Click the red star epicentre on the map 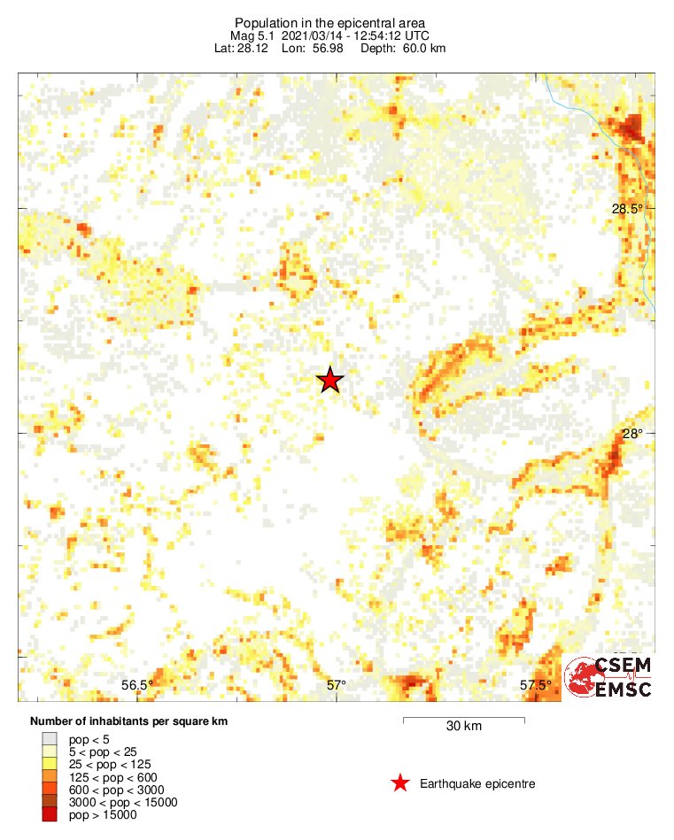click(x=330, y=381)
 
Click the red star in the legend click(x=400, y=783)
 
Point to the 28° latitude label click(x=631, y=434)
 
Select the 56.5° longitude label click(x=137, y=684)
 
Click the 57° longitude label click(x=336, y=684)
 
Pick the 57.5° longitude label click(x=535, y=684)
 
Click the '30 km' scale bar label click(x=463, y=727)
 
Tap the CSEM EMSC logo click(x=611, y=677)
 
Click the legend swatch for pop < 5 click(x=50, y=738)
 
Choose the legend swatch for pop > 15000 click(x=50, y=815)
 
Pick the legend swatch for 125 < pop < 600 click(x=50, y=777)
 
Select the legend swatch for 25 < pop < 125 click(x=50, y=764)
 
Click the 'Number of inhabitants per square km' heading click(x=129, y=721)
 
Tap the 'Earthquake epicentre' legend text click(x=477, y=784)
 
